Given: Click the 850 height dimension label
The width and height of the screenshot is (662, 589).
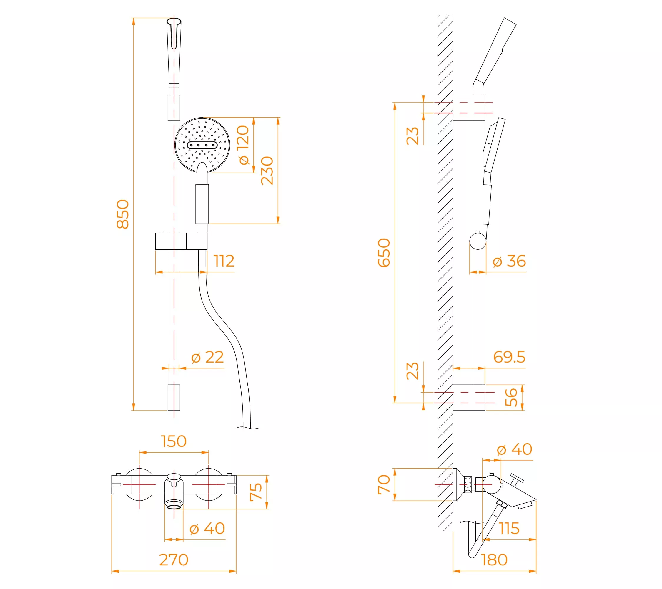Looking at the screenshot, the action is tap(123, 214).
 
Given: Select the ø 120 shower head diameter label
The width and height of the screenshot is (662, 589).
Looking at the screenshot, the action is tap(243, 145).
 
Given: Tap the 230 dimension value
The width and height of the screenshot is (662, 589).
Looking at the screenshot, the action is tap(267, 171).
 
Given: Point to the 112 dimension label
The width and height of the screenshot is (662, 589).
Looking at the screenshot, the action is tap(224, 261).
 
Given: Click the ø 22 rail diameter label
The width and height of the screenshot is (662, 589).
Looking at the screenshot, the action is tap(208, 357).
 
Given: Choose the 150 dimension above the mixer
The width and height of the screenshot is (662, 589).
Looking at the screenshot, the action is tap(174, 441).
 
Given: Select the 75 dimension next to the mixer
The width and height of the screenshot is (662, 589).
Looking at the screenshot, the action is tap(256, 492).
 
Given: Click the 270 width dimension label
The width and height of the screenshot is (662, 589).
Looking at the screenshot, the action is tap(174, 560).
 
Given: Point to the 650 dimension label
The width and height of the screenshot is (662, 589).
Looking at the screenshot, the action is tap(384, 253).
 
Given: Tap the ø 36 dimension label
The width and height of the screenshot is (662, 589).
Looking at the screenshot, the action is tap(509, 261).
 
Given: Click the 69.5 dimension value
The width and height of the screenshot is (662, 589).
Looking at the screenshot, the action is tap(509, 357).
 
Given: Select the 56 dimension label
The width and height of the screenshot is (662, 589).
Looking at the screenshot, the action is tap(511, 397).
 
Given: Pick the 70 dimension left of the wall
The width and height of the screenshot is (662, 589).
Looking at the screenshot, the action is tap(384, 485).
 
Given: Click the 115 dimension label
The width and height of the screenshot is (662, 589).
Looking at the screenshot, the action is tap(509, 528).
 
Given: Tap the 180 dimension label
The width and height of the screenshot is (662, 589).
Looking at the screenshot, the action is tap(494, 560).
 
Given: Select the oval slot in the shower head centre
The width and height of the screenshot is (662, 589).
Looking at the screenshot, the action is tap(202, 145).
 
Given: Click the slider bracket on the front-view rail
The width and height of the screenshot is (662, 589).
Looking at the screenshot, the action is tap(181, 241).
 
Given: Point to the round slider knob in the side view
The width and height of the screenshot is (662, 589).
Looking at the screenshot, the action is tap(478, 241).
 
